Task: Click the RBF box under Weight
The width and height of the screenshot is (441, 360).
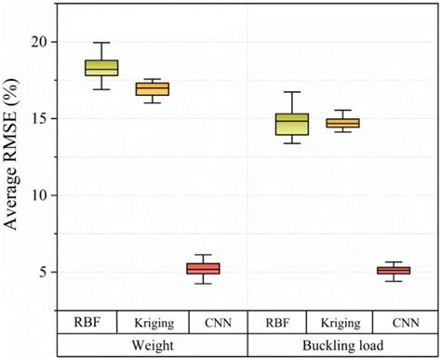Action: coord(101,67)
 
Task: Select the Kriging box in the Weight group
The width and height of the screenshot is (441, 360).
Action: coord(153,88)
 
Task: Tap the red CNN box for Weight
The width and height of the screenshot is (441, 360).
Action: coord(203,268)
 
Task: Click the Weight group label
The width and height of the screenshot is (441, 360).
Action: coord(153,344)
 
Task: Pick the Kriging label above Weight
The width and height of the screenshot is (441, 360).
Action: coord(153,322)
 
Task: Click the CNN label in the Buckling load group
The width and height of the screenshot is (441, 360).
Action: coord(406,322)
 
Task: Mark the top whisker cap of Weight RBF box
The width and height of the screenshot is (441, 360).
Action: coord(101,43)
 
